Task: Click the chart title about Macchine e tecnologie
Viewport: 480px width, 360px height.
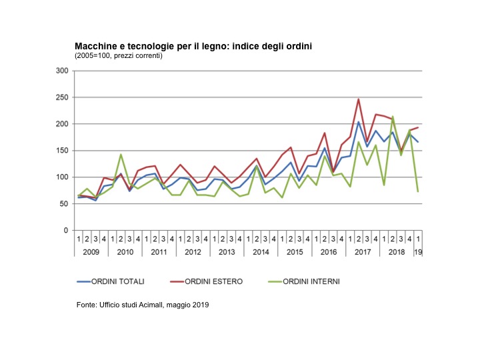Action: point(193,46)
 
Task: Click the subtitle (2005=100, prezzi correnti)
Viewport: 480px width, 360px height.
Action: point(118,55)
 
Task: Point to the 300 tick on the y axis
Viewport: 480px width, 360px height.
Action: point(62,71)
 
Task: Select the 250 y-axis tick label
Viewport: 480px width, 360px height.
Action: point(62,97)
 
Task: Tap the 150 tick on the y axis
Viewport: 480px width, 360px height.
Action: point(62,151)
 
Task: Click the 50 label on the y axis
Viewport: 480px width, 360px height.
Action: point(64,204)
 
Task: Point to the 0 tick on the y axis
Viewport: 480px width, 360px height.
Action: point(66,231)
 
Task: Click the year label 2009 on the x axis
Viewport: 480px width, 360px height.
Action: point(91,251)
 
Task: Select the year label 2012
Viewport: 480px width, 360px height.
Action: point(193,251)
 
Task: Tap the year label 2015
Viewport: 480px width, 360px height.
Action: point(295,251)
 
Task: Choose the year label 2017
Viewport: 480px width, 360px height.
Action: point(363,251)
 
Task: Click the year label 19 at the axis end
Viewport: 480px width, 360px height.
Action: point(419,251)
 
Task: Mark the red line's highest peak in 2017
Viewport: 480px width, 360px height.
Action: point(359,99)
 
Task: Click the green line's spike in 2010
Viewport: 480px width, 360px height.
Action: point(121,155)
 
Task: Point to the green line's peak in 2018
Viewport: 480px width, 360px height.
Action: point(393,117)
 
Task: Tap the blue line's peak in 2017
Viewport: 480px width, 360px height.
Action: point(359,122)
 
